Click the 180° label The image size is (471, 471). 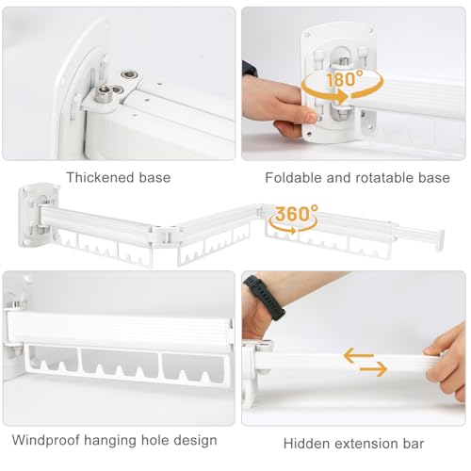(x=347, y=80)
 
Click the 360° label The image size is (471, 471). (x=293, y=214)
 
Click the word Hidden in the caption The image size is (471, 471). (x=304, y=443)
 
